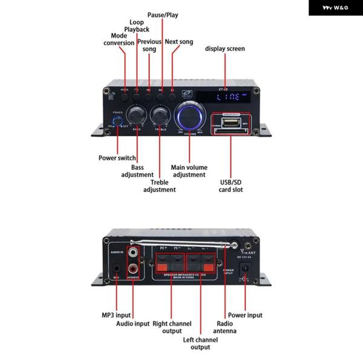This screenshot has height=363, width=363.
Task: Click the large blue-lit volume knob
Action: coord(189,115)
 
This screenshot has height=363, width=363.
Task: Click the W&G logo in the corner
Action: coord(335,8)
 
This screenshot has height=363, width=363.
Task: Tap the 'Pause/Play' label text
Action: coord(163,14)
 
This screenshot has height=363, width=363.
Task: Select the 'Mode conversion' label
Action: coord(119,39)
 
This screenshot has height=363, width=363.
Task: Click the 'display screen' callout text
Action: coord(225,48)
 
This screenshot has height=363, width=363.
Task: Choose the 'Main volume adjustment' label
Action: coord(189,171)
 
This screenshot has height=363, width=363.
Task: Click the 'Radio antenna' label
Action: coord(224,327)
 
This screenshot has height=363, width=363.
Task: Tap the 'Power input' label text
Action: coord(246,315)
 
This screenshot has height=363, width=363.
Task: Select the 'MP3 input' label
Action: coord(115,315)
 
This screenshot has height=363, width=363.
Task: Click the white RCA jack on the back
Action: coord(133,249)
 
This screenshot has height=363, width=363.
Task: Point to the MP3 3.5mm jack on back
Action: coord(115,267)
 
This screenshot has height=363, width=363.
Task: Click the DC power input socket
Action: coord(246,267)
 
